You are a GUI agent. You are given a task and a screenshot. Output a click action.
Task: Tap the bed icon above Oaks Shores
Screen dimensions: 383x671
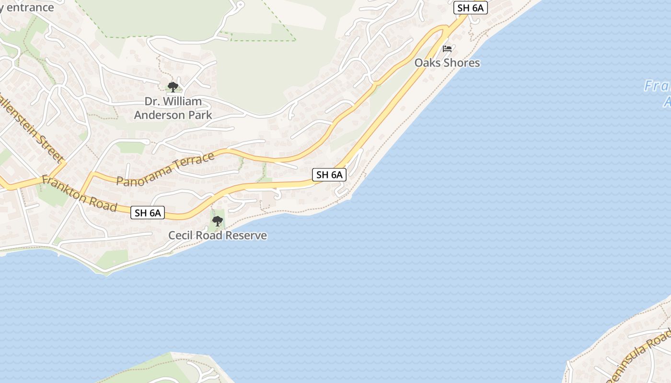447,49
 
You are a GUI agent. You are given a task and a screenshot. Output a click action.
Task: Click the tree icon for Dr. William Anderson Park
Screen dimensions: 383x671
173,87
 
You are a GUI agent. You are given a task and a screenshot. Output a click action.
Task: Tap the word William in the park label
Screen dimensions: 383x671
182,101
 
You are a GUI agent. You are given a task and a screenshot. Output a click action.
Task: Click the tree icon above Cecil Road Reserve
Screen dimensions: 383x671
218,221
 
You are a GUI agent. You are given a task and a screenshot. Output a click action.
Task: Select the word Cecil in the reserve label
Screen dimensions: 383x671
179,236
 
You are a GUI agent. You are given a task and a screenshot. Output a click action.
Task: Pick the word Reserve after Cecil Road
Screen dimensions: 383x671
247,236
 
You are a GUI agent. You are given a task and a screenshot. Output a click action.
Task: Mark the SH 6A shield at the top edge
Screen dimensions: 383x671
470,8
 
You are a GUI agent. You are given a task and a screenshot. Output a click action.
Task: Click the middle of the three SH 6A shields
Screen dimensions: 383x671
329,175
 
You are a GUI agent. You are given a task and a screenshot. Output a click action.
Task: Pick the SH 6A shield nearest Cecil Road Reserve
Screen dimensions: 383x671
148,213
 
